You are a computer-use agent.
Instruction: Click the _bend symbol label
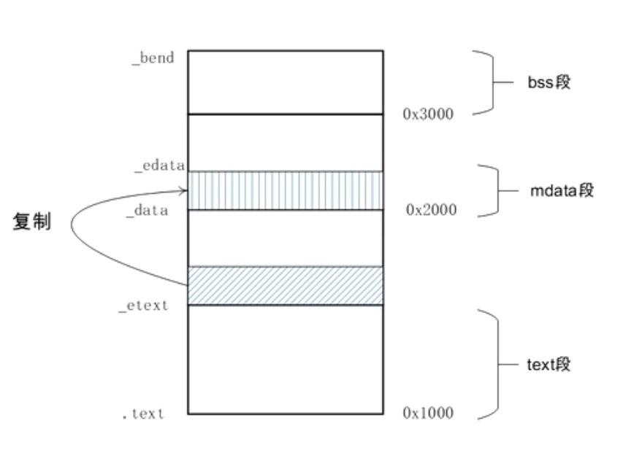[153, 58]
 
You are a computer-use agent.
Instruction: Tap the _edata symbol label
[160, 166]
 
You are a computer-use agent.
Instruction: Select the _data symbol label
[148, 211]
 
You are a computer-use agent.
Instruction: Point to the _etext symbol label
[143, 306]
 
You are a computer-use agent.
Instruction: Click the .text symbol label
[142, 413]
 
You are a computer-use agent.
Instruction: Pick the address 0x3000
[428, 114]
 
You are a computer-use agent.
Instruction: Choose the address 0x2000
[431, 210]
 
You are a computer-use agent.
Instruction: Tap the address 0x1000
[428, 413]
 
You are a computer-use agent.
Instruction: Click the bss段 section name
[549, 82]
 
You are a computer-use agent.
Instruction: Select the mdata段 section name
[562, 190]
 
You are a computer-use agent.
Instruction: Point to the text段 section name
[549, 364]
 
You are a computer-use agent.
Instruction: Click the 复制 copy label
[32, 221]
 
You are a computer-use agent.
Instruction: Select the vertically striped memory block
[286, 190]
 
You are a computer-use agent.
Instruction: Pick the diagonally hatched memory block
[286, 286]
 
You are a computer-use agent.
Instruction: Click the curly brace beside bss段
[492, 82]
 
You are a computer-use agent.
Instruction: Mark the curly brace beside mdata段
[497, 191]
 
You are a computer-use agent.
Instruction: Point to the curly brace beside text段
[497, 365]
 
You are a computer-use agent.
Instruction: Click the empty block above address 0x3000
[286, 82]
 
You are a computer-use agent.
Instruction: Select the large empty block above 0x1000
[286, 360]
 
